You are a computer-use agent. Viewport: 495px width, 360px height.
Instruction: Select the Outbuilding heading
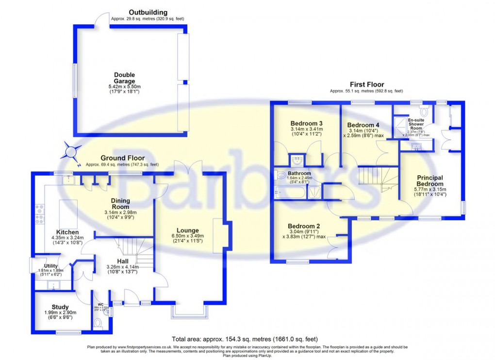(x=148, y=12)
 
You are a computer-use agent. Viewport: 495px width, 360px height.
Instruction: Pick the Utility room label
(x=51, y=266)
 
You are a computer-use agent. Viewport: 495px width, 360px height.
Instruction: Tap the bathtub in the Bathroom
(x=290, y=193)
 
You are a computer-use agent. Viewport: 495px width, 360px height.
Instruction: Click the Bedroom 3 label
(x=307, y=123)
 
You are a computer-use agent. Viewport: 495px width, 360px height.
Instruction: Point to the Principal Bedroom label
(x=429, y=180)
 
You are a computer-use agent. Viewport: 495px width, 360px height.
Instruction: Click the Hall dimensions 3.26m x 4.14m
(x=122, y=266)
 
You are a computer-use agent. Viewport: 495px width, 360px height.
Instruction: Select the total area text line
(x=245, y=339)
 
